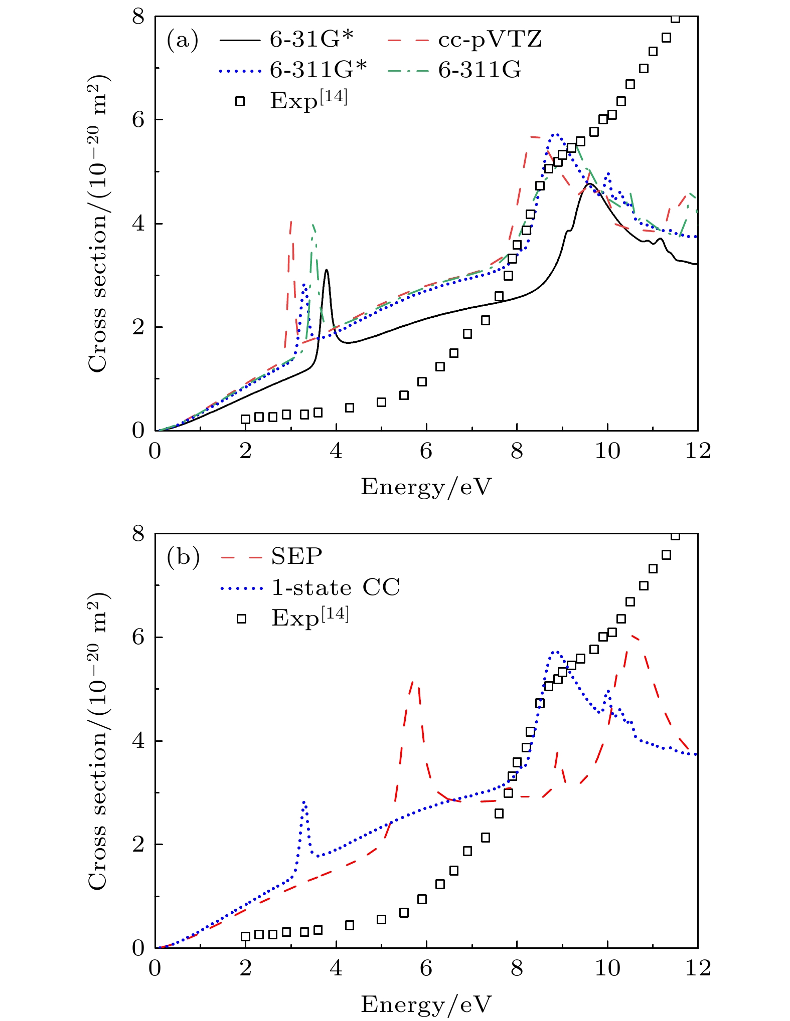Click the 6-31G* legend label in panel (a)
coord(311,39)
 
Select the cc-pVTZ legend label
coord(490,39)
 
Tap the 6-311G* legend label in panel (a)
coord(319,70)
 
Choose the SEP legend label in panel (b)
coord(296,556)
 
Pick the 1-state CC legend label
coord(336,587)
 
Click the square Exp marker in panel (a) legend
coord(240,101)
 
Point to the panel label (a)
coord(183,40)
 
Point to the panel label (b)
coord(183,557)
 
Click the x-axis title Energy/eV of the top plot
coord(426,487)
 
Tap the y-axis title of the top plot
coord(98,224)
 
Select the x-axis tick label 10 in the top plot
coord(607,452)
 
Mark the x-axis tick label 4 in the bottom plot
coord(336,968)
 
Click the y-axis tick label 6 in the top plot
coord(138,120)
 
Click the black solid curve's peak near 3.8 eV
coord(327,270)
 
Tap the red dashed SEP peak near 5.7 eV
coord(413,682)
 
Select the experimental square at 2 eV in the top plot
coord(245,419)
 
